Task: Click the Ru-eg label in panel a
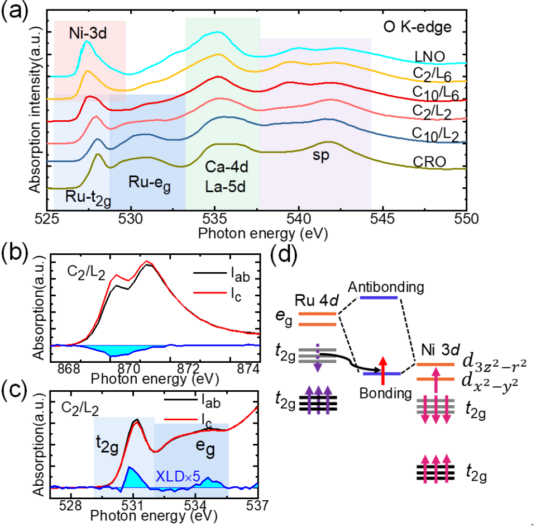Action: click(151, 182)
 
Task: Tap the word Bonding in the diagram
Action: click(381, 393)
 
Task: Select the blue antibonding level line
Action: click(379, 297)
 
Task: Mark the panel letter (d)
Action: click(284, 257)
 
